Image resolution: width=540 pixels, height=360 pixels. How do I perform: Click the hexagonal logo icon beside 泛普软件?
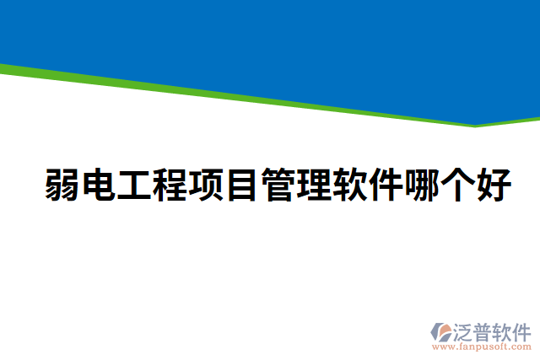[x=441, y=331]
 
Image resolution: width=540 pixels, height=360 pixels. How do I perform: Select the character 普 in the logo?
[x=483, y=330]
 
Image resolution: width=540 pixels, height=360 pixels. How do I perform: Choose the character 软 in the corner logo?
[x=503, y=330]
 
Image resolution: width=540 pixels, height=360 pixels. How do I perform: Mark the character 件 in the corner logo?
[x=522, y=330]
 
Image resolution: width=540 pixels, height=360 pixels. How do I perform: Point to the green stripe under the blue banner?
[x=253, y=94]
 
